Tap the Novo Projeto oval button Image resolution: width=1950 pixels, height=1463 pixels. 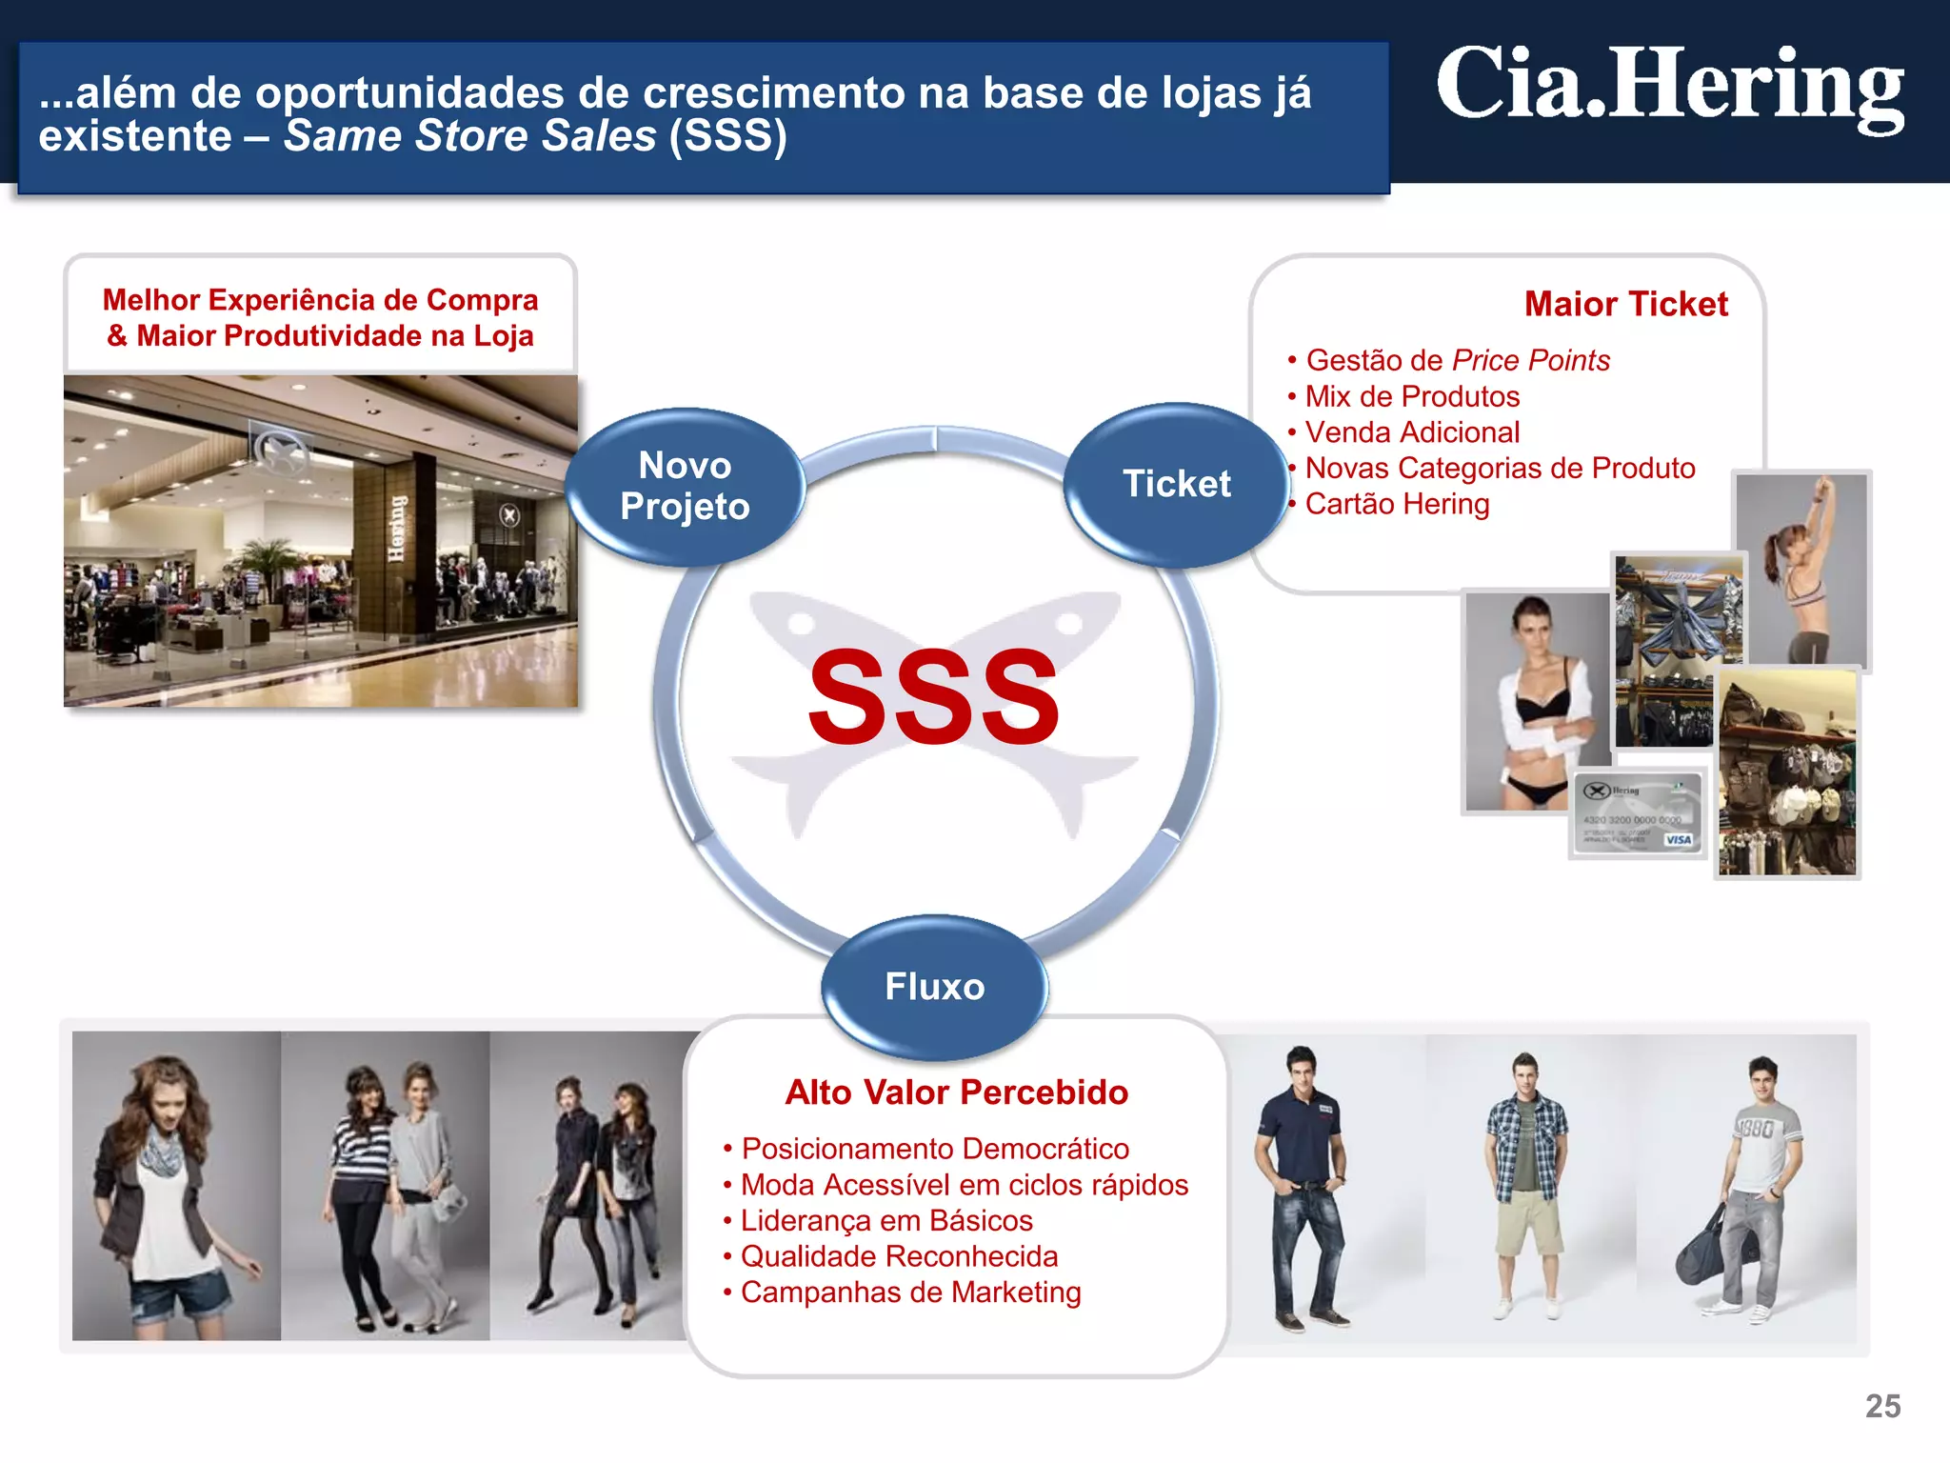(x=686, y=487)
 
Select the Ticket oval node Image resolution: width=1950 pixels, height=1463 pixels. (x=1177, y=484)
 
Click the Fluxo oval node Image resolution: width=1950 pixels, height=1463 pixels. (x=934, y=987)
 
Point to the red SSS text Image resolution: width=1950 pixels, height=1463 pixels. (x=933, y=696)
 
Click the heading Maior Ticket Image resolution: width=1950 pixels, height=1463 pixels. (x=1625, y=304)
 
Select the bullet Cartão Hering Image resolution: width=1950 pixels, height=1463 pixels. (x=1397, y=504)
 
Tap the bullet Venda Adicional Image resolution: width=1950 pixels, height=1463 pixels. (x=1412, y=432)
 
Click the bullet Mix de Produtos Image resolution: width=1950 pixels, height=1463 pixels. (x=1412, y=396)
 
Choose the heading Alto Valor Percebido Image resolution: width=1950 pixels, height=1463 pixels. (x=956, y=1092)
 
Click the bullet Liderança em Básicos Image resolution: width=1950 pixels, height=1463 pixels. (x=886, y=1220)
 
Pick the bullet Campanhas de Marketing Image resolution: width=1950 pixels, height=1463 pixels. (x=910, y=1293)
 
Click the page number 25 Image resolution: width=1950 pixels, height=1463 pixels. (x=1882, y=1406)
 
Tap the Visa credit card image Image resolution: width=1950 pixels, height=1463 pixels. (x=1638, y=815)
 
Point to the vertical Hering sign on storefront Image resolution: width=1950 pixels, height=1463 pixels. (x=397, y=529)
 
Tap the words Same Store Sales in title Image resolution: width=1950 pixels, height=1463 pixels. (x=470, y=136)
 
